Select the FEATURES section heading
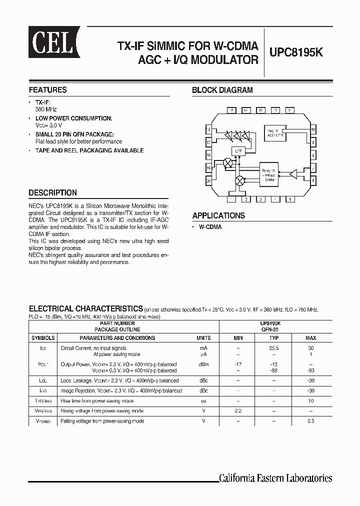tap(48, 90)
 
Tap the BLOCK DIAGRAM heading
tap(222, 90)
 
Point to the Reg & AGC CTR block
tap(276, 132)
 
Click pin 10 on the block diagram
tap(312, 130)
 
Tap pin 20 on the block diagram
tap(208, 181)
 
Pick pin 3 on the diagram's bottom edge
tap(260, 199)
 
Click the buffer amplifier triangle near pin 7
tap(293, 174)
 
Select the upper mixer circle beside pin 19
tap(228, 163)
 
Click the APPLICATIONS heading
tap(218, 215)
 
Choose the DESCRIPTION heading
tap(52, 192)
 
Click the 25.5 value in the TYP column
tap(273, 347)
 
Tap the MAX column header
tap(310, 338)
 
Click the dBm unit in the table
tap(203, 364)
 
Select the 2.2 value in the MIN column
tap(237, 411)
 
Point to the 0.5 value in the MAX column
tap(310, 421)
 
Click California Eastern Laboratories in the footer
tap(275, 478)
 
